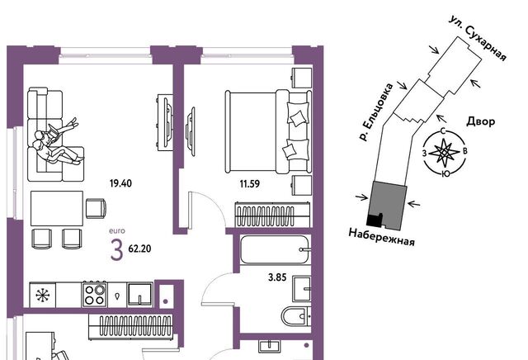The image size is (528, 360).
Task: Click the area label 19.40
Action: coord(120,183)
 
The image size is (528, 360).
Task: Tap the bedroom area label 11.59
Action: coord(250,184)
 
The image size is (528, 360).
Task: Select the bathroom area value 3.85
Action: coord(277,277)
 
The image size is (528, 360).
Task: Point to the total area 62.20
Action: coord(139,249)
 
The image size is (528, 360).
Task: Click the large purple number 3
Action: coord(116,251)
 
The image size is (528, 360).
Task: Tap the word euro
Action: coord(117,231)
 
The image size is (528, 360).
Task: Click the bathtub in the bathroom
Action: coord(275,250)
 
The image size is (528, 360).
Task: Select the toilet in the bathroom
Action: coord(295,316)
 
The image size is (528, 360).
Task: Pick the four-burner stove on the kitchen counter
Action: coord(94,295)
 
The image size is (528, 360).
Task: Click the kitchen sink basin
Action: coord(139,294)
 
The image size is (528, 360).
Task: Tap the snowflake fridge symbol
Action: coord(43,296)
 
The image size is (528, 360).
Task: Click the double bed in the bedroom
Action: coord(267,131)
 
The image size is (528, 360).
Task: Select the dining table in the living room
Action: coord(57,208)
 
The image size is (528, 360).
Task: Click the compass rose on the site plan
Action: coord(445,153)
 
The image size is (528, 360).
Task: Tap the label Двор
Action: coord(480,121)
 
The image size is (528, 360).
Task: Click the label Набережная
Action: coord(381,237)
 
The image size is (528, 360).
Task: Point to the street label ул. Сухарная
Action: coord(478,39)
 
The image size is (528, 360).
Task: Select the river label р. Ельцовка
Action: coord(376,112)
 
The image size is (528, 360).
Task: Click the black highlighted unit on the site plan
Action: coord(374,220)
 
